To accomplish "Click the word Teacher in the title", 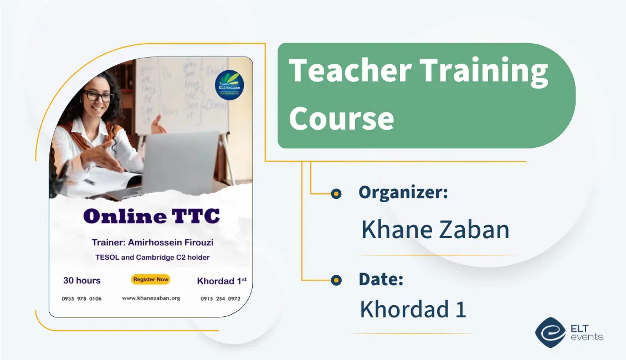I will (x=350, y=72).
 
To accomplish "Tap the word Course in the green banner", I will (x=341, y=118).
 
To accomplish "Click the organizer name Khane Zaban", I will (x=435, y=229).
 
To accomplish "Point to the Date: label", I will (x=381, y=279).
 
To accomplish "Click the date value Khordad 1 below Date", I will (x=413, y=309).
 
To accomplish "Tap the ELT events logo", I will (x=568, y=332).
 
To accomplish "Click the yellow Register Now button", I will (x=151, y=280).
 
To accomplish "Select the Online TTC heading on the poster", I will (x=151, y=217).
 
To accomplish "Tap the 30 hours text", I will (x=82, y=280).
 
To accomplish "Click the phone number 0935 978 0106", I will (x=81, y=299).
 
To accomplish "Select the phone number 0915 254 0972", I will (x=220, y=299).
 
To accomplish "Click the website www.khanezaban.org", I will (x=151, y=298).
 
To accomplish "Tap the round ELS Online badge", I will (x=229, y=84).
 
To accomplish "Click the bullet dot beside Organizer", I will (x=336, y=194).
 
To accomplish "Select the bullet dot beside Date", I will (x=336, y=280).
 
